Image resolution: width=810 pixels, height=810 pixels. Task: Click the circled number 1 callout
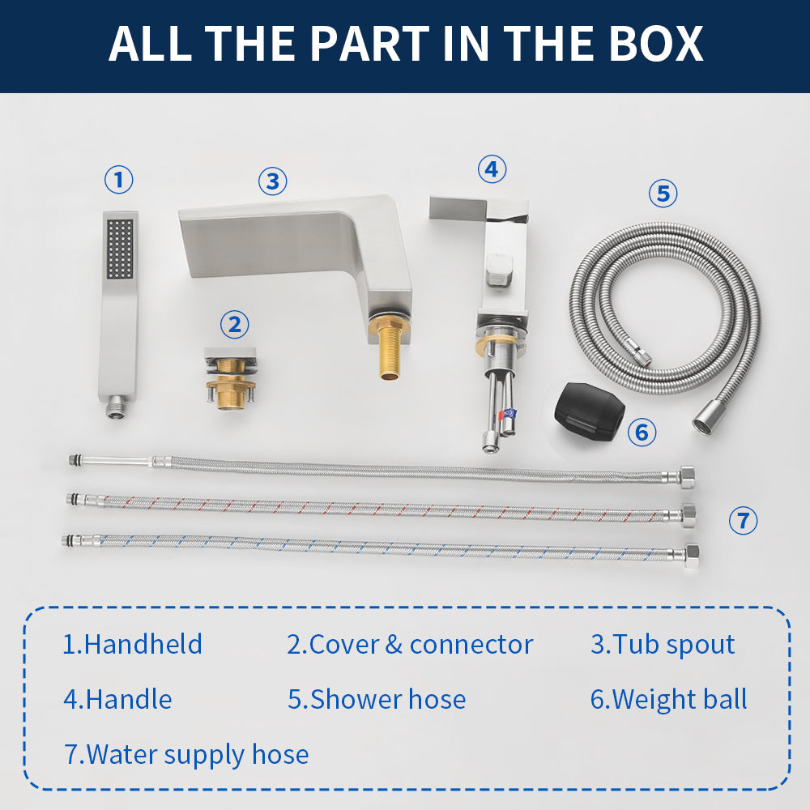[x=119, y=180]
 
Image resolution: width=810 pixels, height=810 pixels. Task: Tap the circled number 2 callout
[x=235, y=325]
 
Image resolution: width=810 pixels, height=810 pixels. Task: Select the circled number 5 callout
[x=663, y=194]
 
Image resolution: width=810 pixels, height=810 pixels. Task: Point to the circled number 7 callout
[x=743, y=520]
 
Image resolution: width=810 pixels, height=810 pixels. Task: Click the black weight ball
[x=589, y=411]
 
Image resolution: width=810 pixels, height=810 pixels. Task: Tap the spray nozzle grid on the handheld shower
[x=121, y=249]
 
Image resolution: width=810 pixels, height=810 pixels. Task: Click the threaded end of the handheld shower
[x=117, y=408]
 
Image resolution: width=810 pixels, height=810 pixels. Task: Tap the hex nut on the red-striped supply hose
[x=688, y=515]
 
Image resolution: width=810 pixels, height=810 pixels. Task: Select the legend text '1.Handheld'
[x=132, y=644]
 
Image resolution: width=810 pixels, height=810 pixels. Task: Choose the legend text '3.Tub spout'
[x=663, y=645]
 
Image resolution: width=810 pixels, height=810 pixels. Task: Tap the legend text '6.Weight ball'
[x=668, y=700]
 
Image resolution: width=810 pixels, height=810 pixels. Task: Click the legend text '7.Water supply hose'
[x=186, y=755]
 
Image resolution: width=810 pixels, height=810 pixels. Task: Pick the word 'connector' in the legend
[x=471, y=645]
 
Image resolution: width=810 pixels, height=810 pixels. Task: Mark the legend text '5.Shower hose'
[x=377, y=700]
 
